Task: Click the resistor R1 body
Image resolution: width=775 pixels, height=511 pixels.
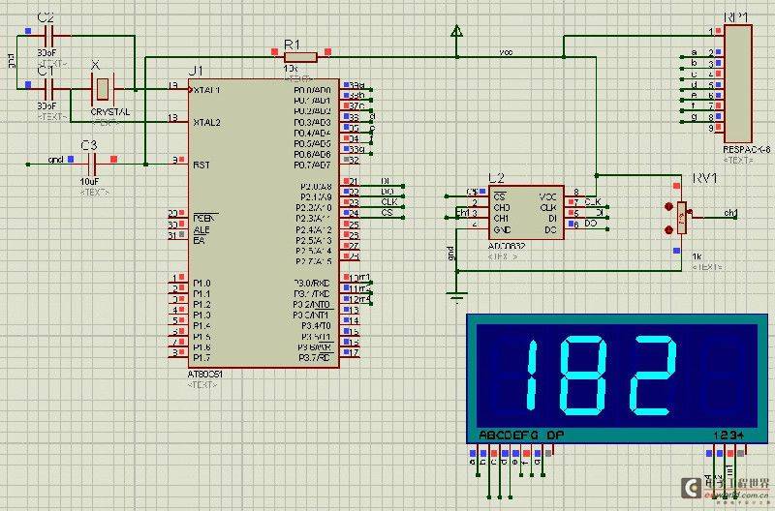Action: [x=301, y=56]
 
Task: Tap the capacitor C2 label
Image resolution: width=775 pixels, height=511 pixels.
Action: [x=45, y=18]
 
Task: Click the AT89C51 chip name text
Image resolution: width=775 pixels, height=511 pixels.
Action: [x=206, y=375]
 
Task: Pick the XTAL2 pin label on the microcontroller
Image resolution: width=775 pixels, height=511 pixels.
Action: [x=206, y=122]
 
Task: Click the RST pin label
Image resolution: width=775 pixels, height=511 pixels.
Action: [x=201, y=165]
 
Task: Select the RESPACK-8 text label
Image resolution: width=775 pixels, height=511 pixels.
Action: [x=746, y=150]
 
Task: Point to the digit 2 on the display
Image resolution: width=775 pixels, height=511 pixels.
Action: [x=651, y=376]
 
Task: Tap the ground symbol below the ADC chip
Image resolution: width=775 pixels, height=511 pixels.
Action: [x=456, y=295]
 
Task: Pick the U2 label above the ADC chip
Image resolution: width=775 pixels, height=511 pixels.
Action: [x=496, y=178]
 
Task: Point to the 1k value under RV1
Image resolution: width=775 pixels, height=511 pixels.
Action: [x=697, y=256]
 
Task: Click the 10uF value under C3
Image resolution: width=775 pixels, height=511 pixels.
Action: [x=89, y=181]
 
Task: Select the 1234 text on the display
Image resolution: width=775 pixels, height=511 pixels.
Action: [x=728, y=435]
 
